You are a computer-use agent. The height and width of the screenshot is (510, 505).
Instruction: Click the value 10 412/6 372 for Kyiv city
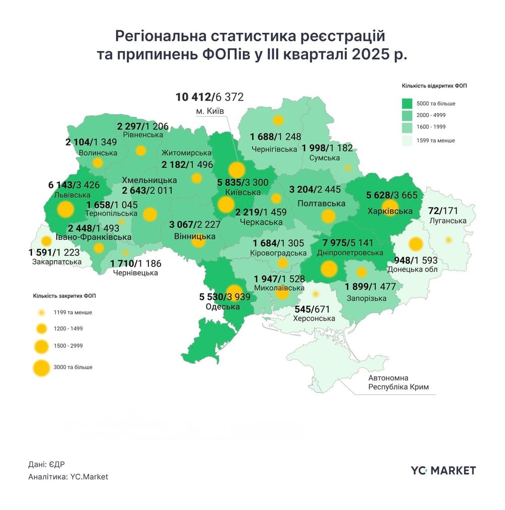point(209,96)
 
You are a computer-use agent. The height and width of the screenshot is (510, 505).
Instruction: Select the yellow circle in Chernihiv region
point(278,120)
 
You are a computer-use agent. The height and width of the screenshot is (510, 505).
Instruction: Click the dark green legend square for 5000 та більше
point(405,104)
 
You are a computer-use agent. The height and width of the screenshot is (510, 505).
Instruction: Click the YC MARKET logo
point(443,471)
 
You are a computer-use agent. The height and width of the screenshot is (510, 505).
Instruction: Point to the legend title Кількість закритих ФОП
point(64,296)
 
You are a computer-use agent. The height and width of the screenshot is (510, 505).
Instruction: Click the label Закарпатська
point(57,262)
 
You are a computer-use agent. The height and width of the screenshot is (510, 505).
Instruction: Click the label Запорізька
point(367,298)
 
